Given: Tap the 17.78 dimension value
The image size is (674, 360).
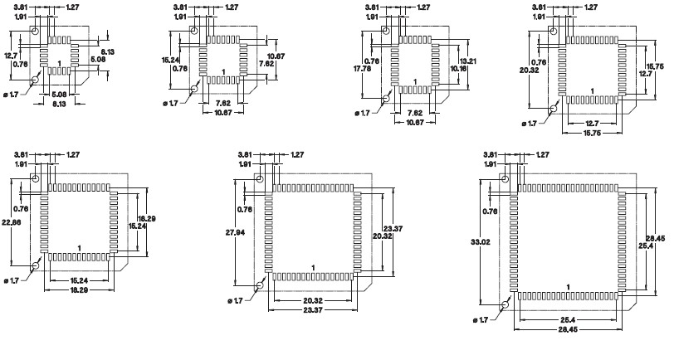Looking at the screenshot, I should click(x=361, y=70).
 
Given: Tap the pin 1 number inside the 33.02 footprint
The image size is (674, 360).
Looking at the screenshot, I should click(x=569, y=287).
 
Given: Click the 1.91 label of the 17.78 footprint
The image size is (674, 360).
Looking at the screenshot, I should click(x=373, y=17).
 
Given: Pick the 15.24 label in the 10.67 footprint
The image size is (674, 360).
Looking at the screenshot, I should click(x=169, y=60).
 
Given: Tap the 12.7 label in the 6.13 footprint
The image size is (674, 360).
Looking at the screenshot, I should click(x=11, y=55).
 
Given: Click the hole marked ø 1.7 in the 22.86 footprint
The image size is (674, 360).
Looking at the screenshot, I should click(x=36, y=266).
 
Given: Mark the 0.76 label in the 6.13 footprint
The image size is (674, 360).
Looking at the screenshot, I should click(x=21, y=63).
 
